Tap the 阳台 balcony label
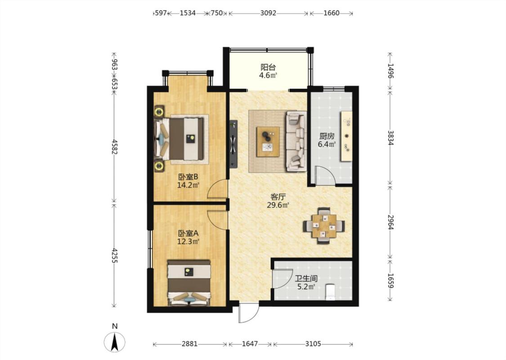pos(268,67)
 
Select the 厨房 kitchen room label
pos(327,136)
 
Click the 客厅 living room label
pos(278,197)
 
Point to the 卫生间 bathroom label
pos(306,278)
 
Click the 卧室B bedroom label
pos(188,177)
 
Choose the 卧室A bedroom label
pos(188,233)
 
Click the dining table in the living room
pos(324,226)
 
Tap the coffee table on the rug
pos(268,142)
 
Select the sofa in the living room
pos(296,141)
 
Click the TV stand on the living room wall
pos(233,144)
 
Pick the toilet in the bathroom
pos(330,292)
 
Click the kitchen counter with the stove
pos(347,136)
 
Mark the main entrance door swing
pos(248,313)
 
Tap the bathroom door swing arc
pos(280,278)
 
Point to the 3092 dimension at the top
pos(268,13)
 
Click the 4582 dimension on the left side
pos(114,147)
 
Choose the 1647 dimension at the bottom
pos(250,344)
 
